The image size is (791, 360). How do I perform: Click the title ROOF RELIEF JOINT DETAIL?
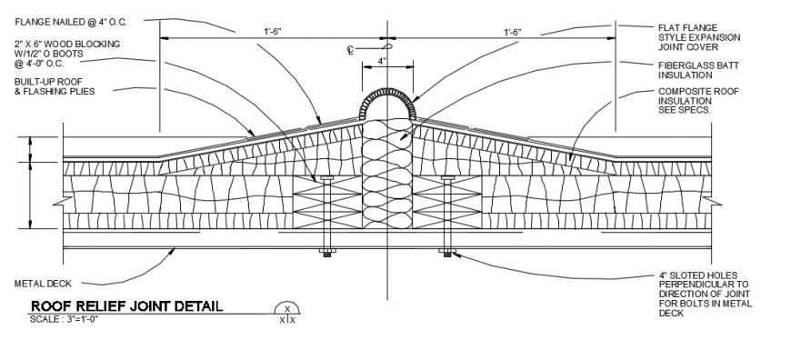click(125, 306)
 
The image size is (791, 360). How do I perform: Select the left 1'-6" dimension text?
click(273, 32)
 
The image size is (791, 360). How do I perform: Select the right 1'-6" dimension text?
click(513, 32)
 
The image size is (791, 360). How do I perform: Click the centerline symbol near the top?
click(351, 50)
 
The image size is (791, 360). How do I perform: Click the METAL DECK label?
click(42, 284)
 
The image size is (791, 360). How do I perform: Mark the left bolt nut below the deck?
click(326, 254)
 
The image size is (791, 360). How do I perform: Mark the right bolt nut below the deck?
click(446, 254)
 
